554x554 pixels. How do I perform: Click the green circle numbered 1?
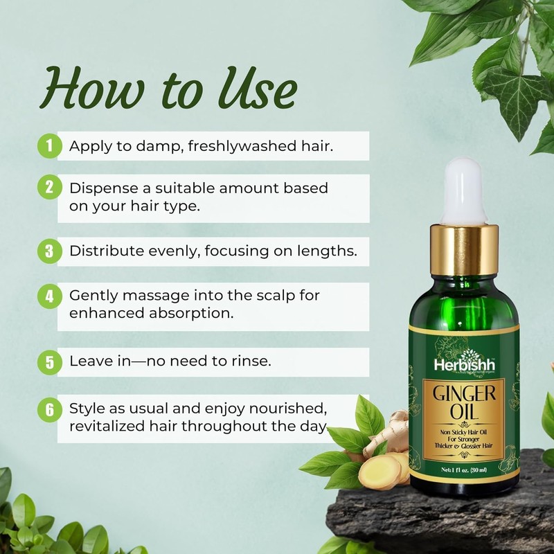49,146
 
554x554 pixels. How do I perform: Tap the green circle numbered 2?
49,188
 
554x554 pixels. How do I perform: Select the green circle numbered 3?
49,251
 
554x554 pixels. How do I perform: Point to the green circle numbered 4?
49,296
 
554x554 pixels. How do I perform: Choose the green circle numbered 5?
49,361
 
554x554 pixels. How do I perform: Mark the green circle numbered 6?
49,409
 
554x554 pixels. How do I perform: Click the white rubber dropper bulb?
463,190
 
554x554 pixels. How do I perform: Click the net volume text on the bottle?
463,470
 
